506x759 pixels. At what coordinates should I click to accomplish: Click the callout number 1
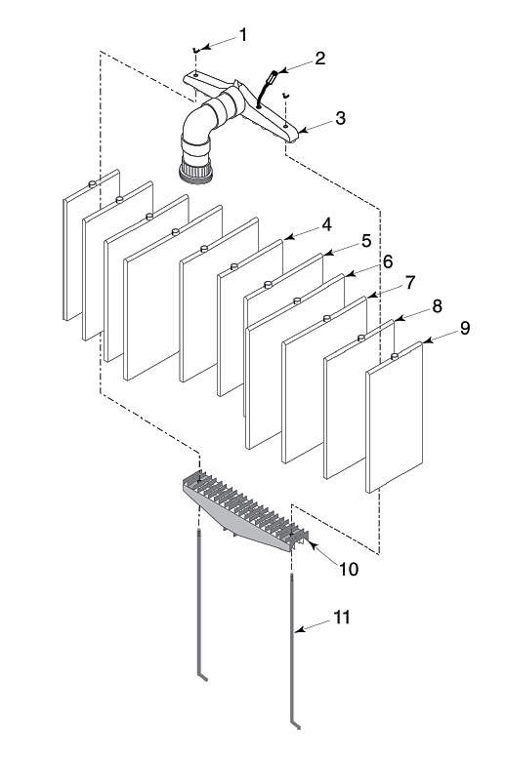tap(243, 35)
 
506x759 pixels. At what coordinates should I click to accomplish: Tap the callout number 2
tap(319, 59)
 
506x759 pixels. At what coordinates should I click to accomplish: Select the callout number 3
tap(340, 118)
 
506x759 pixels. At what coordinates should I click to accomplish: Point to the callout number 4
tap(326, 224)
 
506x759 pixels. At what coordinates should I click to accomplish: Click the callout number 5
tap(366, 241)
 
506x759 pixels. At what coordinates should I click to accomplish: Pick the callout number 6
tap(387, 261)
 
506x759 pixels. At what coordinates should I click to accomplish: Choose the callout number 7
tap(410, 282)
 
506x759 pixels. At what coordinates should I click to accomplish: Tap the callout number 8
tap(437, 306)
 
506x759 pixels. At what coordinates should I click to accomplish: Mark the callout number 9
tap(465, 328)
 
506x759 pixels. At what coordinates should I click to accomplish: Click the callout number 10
tap(349, 570)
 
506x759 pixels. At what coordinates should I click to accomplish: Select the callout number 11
tap(341, 618)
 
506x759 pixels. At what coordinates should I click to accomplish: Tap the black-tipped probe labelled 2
tap(267, 88)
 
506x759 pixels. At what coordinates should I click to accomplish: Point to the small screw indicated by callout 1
tap(195, 50)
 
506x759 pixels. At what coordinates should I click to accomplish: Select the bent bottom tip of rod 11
tap(299, 727)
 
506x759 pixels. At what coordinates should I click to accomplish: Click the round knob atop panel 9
tap(394, 357)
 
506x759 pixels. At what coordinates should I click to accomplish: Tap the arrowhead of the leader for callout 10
tap(312, 545)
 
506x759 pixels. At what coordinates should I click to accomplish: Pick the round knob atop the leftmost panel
tap(92, 183)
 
